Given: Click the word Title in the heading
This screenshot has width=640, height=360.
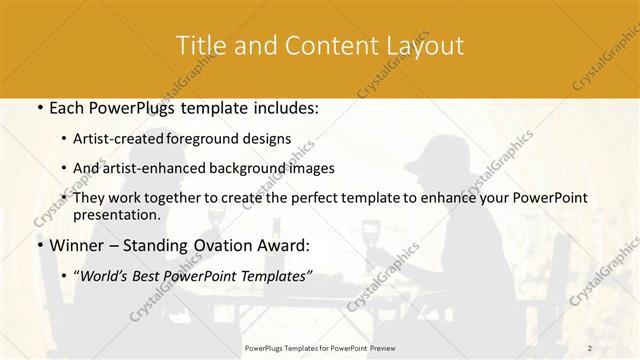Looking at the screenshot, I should coord(200,46).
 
